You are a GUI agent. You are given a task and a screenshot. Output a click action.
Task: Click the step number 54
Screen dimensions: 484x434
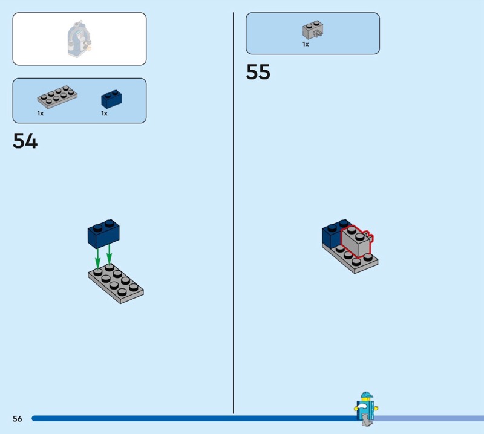tap(25, 141)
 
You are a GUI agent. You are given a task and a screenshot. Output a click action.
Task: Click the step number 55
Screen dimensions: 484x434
tap(258, 72)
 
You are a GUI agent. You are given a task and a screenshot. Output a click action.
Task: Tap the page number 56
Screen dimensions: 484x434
tap(18, 418)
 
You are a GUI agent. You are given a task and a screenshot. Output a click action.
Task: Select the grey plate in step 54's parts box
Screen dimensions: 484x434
tap(57, 97)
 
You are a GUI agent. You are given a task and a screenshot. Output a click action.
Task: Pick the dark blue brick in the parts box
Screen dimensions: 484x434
tap(111, 99)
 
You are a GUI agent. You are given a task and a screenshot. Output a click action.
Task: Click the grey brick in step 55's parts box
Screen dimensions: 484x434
tap(313, 30)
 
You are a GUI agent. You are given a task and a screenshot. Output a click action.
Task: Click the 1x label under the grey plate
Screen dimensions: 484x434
tap(41, 114)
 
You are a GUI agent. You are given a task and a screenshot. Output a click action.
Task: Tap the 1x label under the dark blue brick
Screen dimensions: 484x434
tap(104, 114)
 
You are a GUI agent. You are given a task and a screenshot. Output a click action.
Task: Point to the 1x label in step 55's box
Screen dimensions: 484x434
tap(306, 44)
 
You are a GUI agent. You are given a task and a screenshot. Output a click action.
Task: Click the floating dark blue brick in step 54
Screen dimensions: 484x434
tap(103, 234)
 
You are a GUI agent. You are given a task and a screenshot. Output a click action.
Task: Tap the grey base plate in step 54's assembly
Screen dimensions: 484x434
tap(116, 283)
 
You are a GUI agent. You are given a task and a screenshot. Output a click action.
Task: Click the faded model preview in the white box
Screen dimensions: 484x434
tap(79, 39)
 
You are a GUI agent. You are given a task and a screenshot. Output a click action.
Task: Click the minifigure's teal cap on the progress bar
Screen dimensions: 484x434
tap(367, 395)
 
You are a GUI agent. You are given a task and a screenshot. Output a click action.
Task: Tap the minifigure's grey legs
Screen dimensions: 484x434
tap(367, 420)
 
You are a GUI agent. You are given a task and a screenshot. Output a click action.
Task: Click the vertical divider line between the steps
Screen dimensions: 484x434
tap(234, 213)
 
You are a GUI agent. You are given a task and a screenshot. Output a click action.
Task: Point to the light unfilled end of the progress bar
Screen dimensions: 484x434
tap(429, 418)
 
